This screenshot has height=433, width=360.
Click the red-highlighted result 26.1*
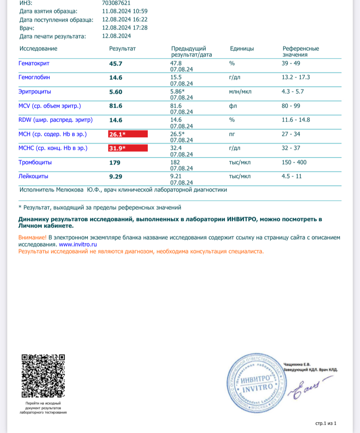pos(128,134)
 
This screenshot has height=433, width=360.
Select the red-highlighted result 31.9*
pos(128,149)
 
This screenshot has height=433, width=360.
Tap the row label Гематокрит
pos(34,63)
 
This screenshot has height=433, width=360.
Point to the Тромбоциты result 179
pos(114,163)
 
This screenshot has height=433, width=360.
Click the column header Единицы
pos(242,49)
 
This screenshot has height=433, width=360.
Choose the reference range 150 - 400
pos(295,162)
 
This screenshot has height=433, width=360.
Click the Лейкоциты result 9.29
pos(116,177)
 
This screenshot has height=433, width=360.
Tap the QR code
pos(43,376)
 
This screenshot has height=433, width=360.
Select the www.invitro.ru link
pos(77,245)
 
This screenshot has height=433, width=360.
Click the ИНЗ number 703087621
pos(115,3)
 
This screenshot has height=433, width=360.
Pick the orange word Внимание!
pos(32,238)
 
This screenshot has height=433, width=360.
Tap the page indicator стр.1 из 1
pos(326,423)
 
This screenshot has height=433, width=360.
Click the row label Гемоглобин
pos(34,78)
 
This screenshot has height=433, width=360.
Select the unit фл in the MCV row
pos(232,106)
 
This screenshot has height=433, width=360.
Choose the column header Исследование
pos(38,49)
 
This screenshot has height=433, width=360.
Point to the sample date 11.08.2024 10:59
pos(124,11)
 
